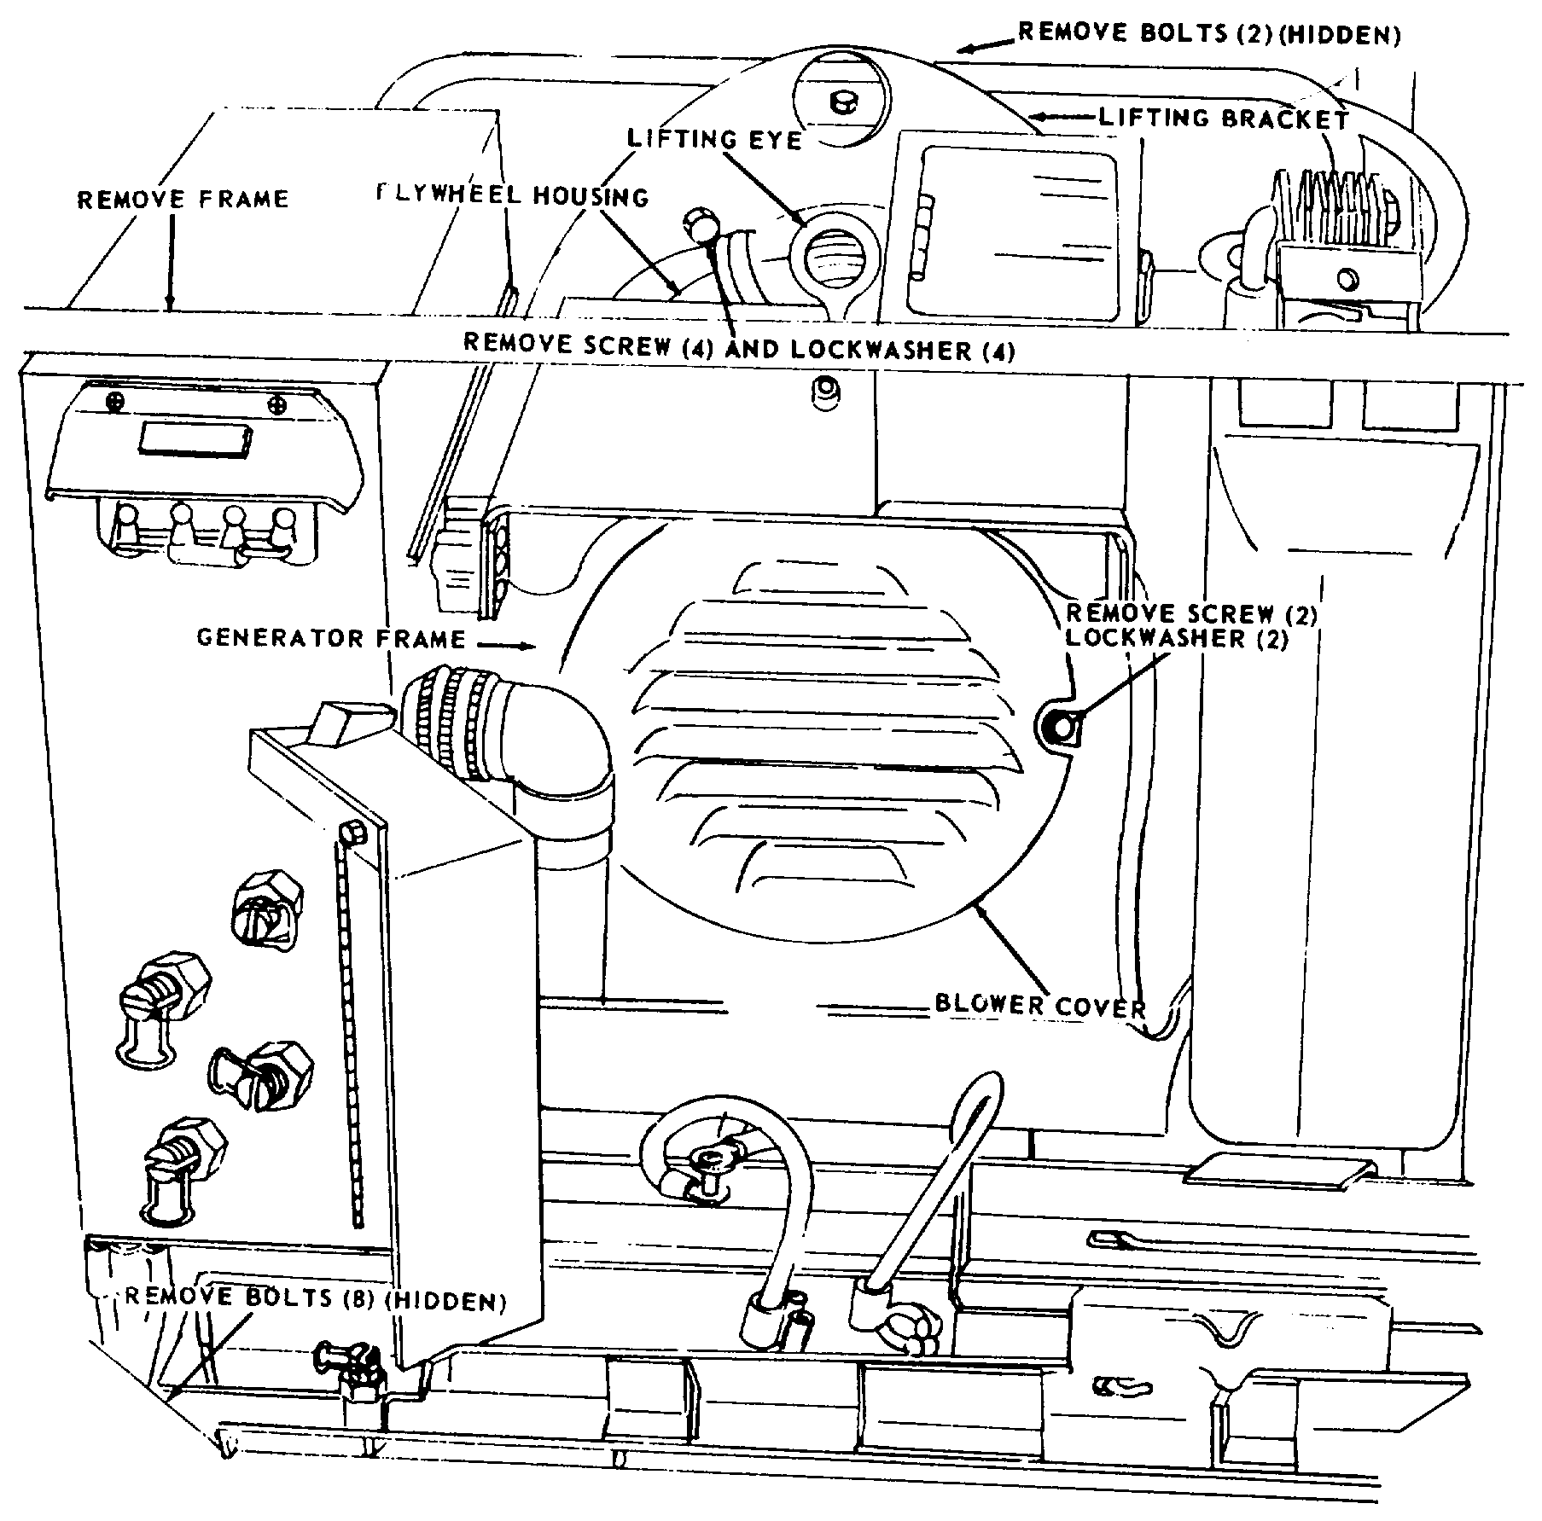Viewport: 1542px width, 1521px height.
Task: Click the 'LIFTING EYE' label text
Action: click(714, 139)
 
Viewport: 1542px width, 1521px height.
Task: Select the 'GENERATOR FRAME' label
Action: click(331, 638)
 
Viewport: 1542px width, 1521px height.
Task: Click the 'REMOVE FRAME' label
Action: click(183, 200)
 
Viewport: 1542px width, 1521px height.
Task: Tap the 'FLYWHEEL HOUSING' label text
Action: click(513, 195)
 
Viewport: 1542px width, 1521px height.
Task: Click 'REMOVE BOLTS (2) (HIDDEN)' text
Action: click(1209, 34)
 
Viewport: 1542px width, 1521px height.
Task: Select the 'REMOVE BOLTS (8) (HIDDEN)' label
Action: click(316, 1299)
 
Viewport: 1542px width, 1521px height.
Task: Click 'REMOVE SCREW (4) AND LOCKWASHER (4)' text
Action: click(739, 348)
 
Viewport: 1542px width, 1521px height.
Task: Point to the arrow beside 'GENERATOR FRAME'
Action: click(511, 646)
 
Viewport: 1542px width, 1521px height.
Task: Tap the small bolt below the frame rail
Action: click(824, 388)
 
